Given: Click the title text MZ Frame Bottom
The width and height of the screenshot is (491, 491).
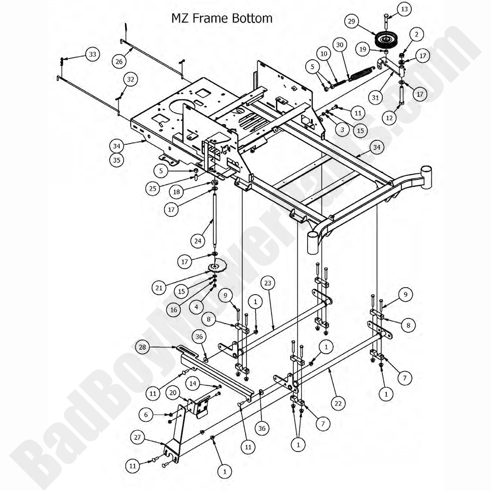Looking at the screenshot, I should tap(222, 19).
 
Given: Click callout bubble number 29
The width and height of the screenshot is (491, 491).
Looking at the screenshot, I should tap(352, 21).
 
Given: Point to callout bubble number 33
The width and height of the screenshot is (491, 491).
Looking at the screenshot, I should tap(92, 54).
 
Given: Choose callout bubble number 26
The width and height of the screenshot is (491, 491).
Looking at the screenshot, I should tap(119, 61).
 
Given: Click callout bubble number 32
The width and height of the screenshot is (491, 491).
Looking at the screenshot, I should tap(131, 79).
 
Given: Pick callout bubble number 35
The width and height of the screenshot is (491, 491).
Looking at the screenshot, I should tap(117, 161).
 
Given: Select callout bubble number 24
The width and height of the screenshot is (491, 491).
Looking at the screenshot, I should tap(198, 240).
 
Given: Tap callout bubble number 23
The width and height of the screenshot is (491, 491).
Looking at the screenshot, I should tap(268, 283).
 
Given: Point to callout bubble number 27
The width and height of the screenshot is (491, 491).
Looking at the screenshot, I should tap(139, 437).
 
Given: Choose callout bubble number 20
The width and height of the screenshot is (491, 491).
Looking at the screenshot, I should tap(173, 393).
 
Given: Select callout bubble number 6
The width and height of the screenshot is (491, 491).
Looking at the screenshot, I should tap(146, 414).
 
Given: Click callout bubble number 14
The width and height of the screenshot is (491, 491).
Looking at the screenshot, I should tap(193, 384).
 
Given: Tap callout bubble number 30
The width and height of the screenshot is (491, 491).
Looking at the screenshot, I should tap(340, 45).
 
